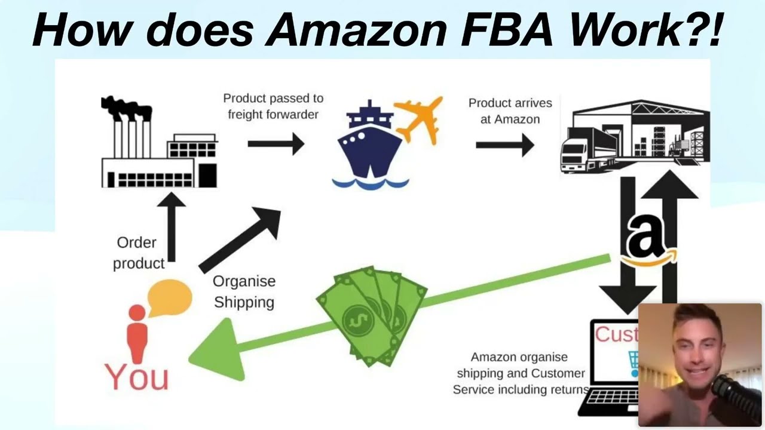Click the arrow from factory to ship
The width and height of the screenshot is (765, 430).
276,143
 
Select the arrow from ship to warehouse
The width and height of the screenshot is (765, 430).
504,145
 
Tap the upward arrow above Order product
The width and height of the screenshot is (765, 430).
171,227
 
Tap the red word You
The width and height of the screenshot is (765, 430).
137,376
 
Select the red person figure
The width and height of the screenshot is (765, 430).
137,331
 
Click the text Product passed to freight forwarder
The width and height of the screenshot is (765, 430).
273,106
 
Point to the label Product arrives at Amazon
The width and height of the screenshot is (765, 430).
510,111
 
